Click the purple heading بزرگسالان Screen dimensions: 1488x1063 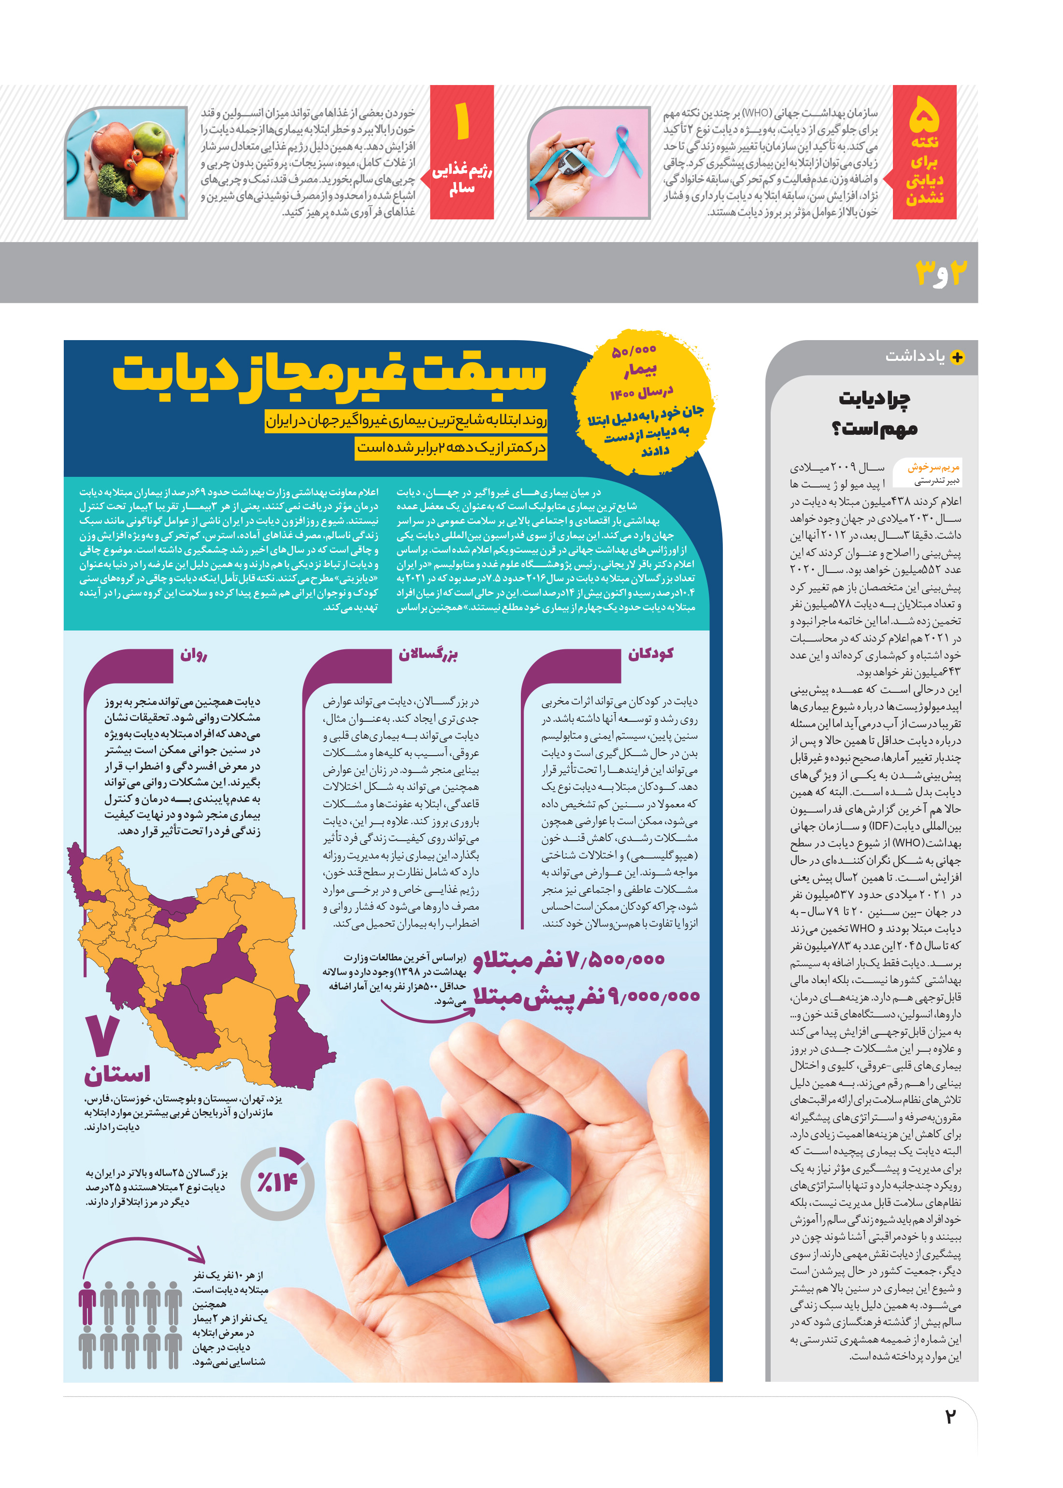(x=429, y=654)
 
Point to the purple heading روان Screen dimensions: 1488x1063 (x=194, y=654)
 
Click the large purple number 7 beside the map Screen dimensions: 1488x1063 (x=103, y=1035)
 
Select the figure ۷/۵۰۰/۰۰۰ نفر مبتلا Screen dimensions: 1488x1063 (x=568, y=959)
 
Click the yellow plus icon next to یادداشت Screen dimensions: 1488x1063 (x=957, y=358)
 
